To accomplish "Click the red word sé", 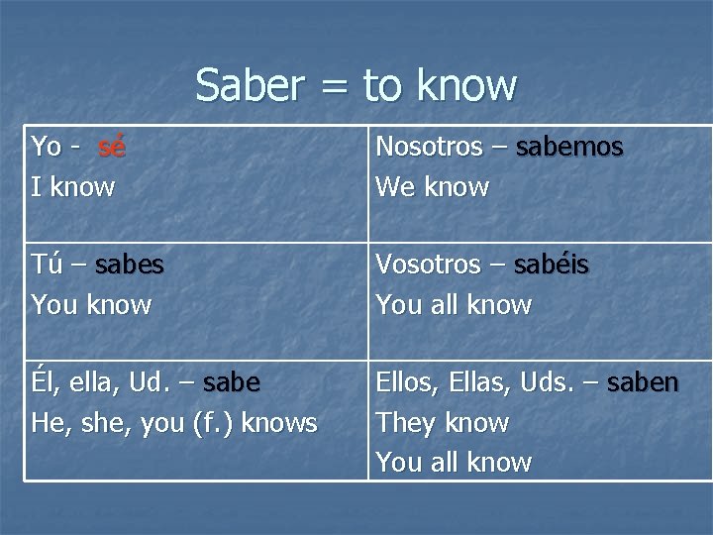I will (x=112, y=148).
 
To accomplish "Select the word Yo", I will (x=47, y=148).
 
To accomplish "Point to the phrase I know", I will (x=73, y=186).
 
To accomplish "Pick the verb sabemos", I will (x=570, y=148).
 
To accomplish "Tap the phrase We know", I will (x=432, y=186).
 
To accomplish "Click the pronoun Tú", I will (x=46, y=265).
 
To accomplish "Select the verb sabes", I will (x=131, y=266).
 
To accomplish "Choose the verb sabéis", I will (x=553, y=266).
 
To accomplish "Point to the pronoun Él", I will (x=44, y=383).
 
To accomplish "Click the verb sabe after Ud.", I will (x=231, y=383).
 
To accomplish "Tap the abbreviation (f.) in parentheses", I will (x=213, y=423).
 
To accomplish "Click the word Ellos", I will (x=406, y=383).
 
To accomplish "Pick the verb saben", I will (x=643, y=383).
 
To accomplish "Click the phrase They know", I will (x=442, y=423).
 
